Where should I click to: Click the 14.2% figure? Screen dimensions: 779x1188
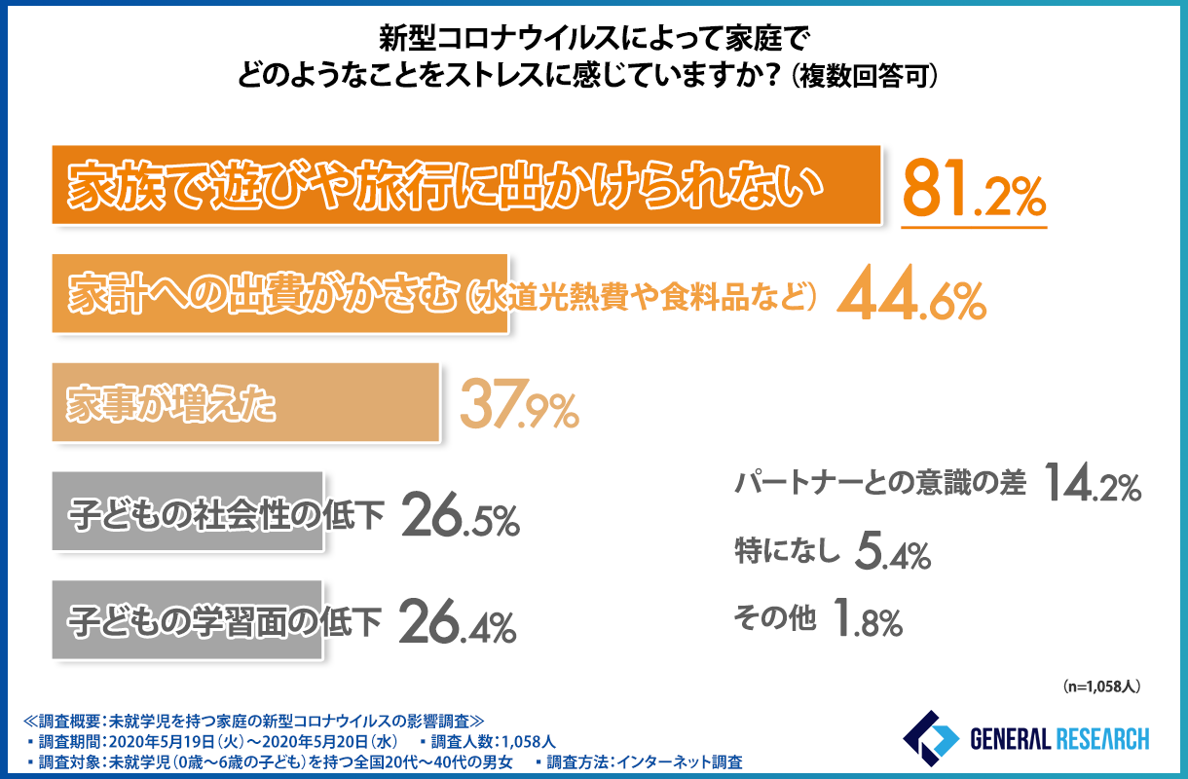(x=1091, y=483)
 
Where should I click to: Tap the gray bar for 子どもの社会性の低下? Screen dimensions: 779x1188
(x=185, y=512)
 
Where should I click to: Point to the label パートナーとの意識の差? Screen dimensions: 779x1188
(x=879, y=483)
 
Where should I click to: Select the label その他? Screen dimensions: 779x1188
(x=775, y=618)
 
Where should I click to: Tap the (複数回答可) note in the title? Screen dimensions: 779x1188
(x=866, y=77)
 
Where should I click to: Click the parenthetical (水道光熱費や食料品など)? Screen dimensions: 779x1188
(x=639, y=296)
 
